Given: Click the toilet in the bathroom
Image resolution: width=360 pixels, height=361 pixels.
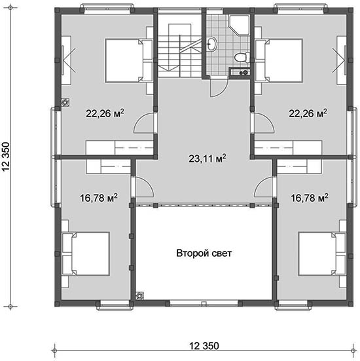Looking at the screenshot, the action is [242, 57].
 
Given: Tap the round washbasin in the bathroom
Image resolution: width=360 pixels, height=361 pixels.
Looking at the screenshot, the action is [211, 43].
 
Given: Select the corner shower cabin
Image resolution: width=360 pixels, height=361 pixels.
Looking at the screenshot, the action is [239, 25].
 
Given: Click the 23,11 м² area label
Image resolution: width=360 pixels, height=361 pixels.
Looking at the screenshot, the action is [207, 159].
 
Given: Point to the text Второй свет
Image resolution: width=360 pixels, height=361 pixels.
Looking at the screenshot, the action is [204, 253].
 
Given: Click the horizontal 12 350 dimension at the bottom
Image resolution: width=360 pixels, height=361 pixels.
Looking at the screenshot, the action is [204, 345].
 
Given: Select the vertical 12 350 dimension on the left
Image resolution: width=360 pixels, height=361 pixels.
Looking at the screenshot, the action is [6, 157].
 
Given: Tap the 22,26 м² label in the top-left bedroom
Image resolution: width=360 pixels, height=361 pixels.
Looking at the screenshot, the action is [105, 113].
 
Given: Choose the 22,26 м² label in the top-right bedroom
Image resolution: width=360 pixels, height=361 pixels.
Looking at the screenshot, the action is [308, 113].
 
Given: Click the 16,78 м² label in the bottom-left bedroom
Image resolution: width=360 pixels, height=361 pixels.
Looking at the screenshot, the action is [99, 198].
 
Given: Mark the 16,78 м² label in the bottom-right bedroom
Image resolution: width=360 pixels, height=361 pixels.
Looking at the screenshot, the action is [310, 198].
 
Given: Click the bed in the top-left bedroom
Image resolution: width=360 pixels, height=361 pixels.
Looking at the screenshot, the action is [129, 61].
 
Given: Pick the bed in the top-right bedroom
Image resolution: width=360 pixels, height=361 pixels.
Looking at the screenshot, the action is [279, 61].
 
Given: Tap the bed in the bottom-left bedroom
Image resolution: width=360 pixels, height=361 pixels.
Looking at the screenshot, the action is [85, 254].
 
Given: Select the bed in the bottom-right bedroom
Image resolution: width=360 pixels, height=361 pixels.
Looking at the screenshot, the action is [322, 254].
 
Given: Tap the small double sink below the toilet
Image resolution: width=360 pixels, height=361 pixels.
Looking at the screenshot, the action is [240, 72].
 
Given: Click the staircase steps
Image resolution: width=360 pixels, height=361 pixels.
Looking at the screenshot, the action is [179, 56].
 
